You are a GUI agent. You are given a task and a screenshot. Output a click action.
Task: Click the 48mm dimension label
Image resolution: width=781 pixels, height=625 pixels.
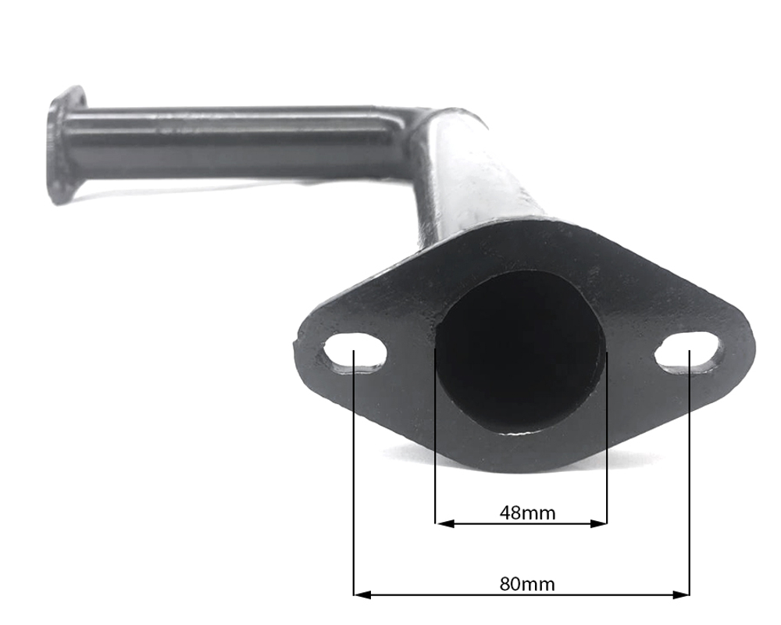click(x=527, y=512)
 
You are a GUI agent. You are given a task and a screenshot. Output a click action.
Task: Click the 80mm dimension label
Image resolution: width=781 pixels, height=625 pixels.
click(x=527, y=584)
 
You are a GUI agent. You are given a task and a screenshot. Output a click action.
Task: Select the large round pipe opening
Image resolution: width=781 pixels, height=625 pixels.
click(x=520, y=352)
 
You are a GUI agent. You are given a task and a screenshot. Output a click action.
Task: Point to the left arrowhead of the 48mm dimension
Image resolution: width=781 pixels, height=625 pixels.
click(x=444, y=523)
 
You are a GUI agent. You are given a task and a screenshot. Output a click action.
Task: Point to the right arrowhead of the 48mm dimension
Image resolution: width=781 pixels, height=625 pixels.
click(x=598, y=523)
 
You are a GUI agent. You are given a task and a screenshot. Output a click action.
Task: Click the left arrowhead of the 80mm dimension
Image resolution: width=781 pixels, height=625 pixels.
click(x=362, y=594)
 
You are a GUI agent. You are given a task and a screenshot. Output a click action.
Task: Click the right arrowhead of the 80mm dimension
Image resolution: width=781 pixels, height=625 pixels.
click(x=681, y=594)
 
